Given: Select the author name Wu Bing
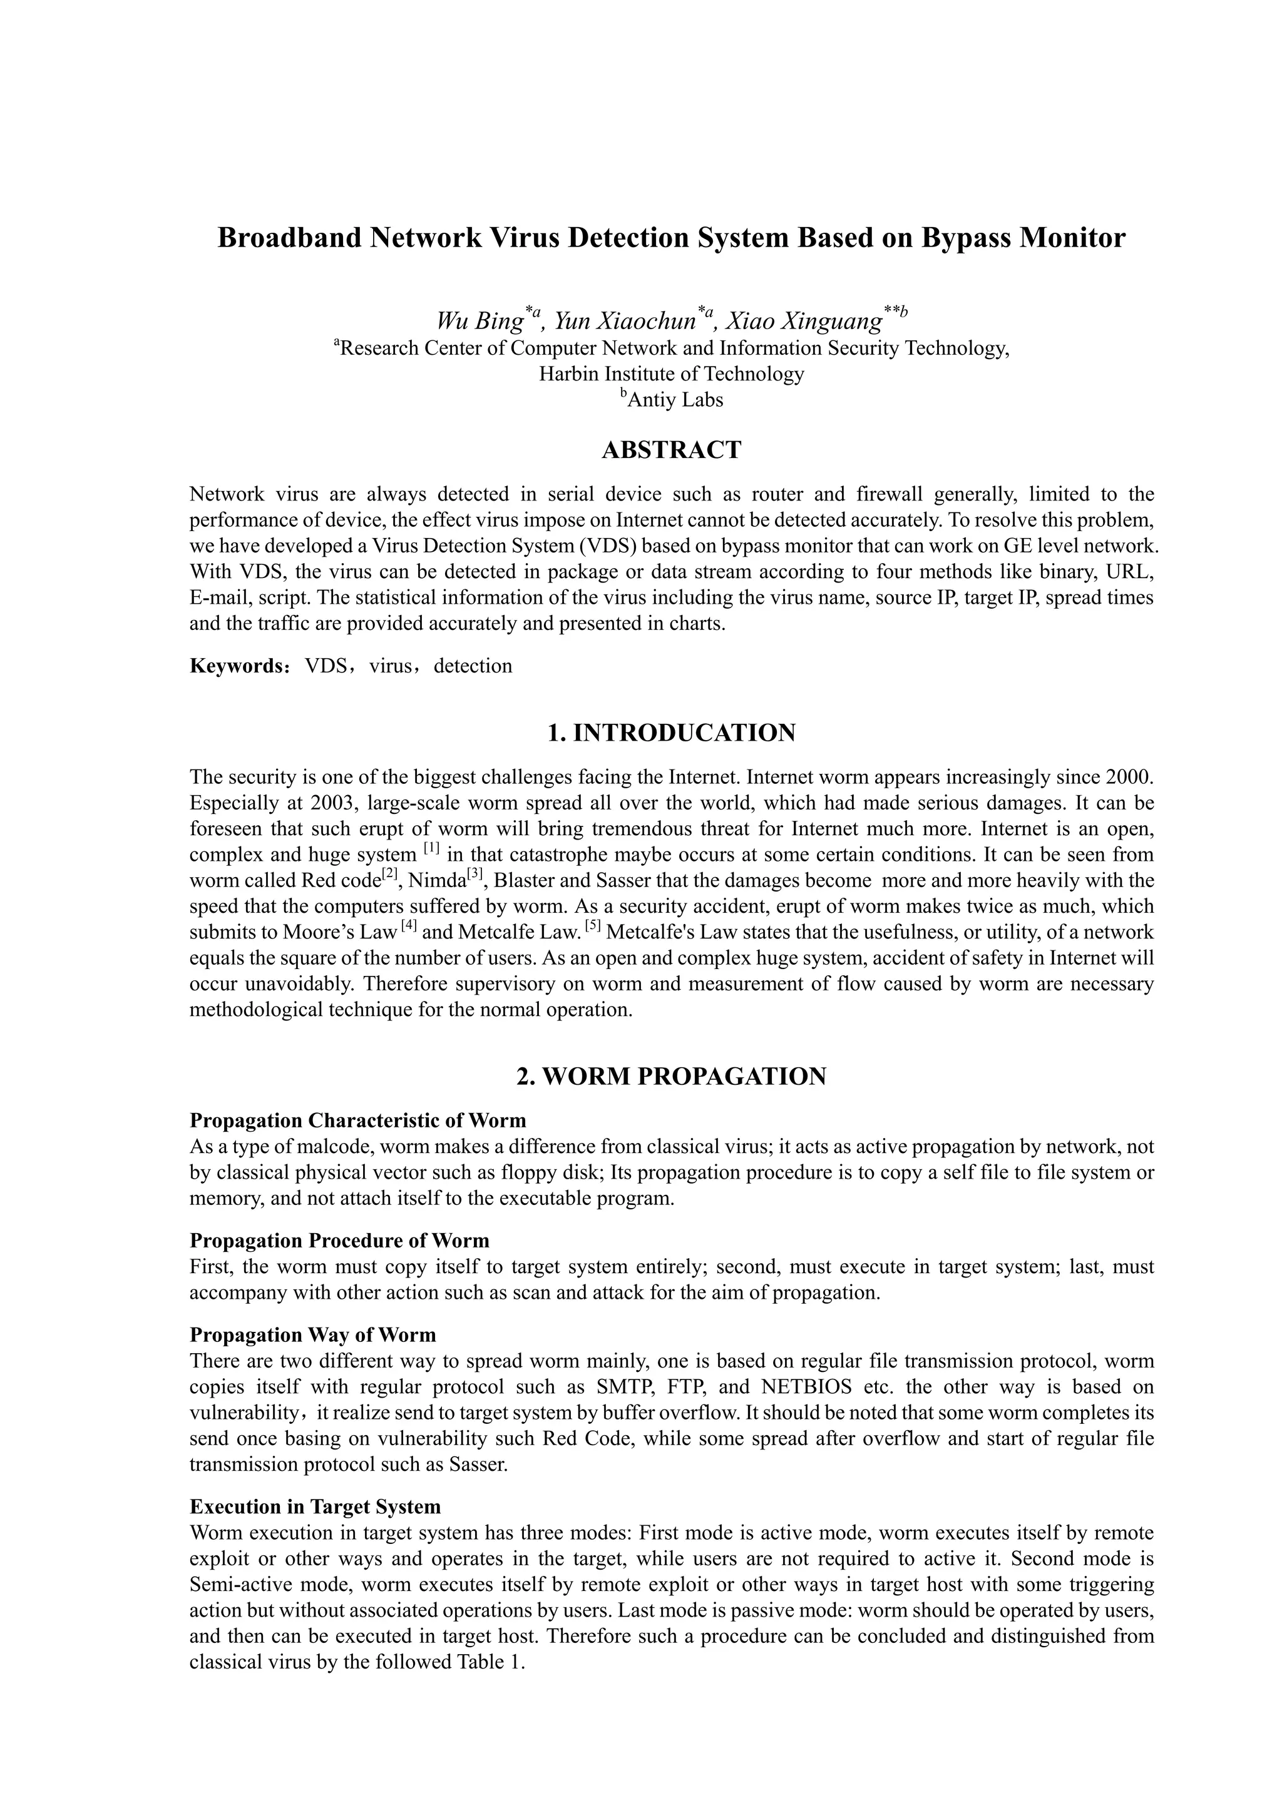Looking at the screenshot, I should point(479,322).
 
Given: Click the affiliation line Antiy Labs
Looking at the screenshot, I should point(675,400).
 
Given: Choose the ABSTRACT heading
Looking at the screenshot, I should point(672,450).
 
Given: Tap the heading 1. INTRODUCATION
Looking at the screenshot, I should point(672,733).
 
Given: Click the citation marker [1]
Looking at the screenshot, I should point(431,850).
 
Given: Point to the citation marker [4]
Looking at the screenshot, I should point(408,927).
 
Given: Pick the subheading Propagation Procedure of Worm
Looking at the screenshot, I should point(340,1241).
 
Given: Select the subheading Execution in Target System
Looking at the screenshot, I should point(315,1506).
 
